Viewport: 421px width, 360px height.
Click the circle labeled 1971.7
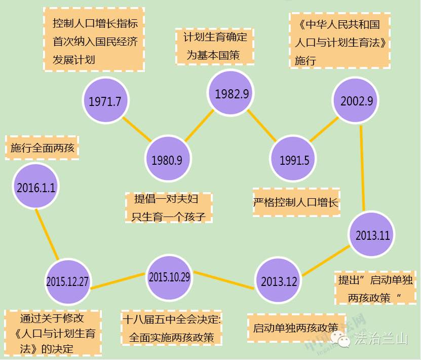[x=105, y=101]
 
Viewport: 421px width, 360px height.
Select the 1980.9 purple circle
[x=167, y=160]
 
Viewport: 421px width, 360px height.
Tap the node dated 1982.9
[x=232, y=93]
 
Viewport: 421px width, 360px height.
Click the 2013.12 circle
[x=279, y=281]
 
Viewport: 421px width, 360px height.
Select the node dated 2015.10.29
[x=169, y=277]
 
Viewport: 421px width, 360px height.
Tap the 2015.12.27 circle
[x=67, y=281]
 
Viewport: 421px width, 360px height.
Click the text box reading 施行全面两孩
[x=43, y=148]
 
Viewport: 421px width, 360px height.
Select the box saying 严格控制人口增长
[x=296, y=203]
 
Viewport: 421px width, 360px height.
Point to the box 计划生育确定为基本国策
[x=215, y=46]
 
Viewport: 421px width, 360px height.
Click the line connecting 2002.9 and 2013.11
[x=362, y=167]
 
